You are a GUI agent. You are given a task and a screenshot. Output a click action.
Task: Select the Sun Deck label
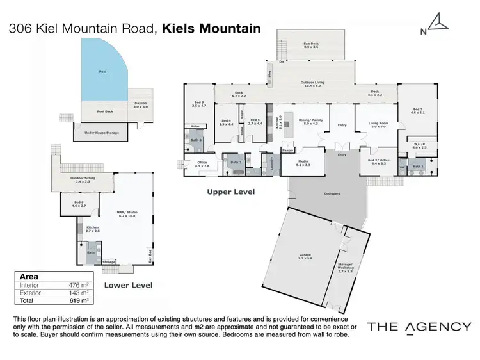(311, 45)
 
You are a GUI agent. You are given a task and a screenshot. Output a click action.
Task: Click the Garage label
(305, 256)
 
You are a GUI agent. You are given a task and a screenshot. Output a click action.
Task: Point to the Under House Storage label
(102, 133)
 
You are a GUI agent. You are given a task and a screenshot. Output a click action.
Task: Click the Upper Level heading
(230, 192)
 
